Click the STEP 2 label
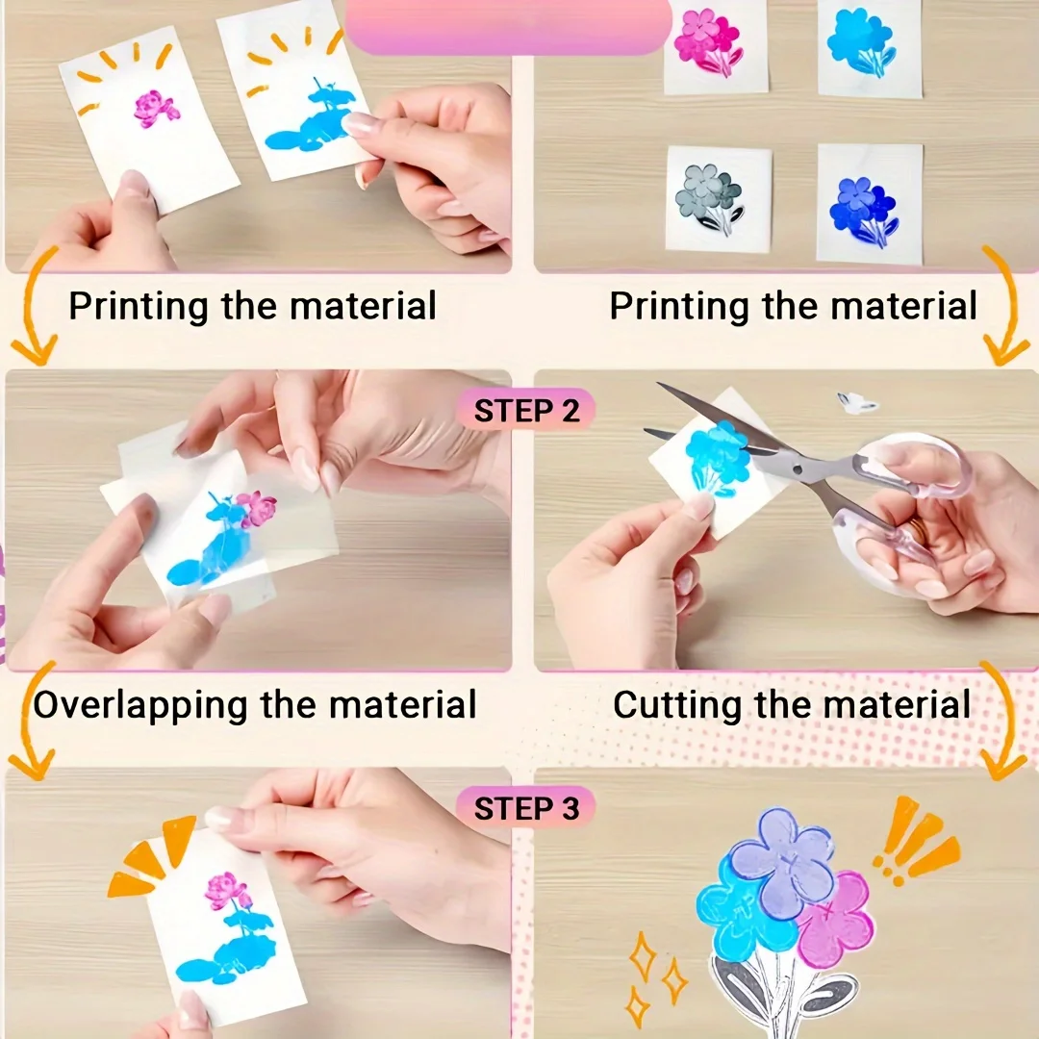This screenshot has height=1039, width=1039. [527, 411]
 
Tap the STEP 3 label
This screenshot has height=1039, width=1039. [526, 808]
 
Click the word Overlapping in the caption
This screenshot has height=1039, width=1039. [140, 705]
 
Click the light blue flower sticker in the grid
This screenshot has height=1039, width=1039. [861, 40]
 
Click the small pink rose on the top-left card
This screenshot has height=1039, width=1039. [154, 109]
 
